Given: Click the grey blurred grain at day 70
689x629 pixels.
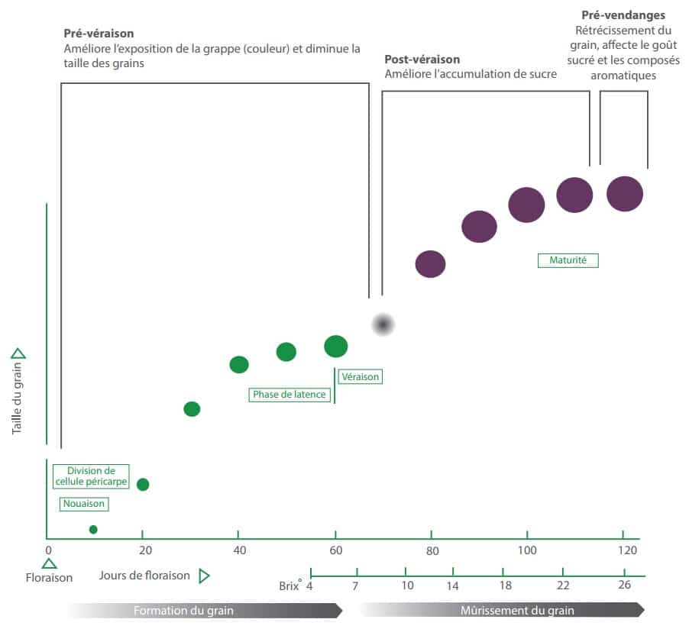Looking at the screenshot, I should click(x=383, y=324).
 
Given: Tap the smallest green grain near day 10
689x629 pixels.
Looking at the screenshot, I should click(x=93, y=529).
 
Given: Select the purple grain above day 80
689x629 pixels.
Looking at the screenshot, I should click(x=430, y=263).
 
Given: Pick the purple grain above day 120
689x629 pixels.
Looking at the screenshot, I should click(x=625, y=193).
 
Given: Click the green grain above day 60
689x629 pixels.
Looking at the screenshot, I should click(x=336, y=347).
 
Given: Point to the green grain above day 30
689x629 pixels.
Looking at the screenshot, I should click(x=192, y=409).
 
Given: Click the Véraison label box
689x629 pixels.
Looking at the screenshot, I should click(x=360, y=376).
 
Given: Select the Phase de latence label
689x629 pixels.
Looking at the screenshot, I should click(x=290, y=395).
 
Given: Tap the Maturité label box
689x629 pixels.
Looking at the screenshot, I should click(x=568, y=260).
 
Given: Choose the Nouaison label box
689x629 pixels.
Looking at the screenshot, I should click(x=83, y=504).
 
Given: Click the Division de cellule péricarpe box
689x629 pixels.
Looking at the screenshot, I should click(x=91, y=476).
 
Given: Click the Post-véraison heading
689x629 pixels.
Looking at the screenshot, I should click(x=422, y=59).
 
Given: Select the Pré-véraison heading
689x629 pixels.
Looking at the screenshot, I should click(x=99, y=34).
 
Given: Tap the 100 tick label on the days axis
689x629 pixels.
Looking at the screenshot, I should click(x=527, y=551).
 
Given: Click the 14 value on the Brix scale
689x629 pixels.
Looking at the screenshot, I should click(x=452, y=585).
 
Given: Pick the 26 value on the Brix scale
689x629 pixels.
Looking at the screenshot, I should click(x=624, y=585).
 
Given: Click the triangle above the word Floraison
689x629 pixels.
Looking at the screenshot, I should click(x=49, y=563).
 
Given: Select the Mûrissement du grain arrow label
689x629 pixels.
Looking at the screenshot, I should click(x=517, y=611).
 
